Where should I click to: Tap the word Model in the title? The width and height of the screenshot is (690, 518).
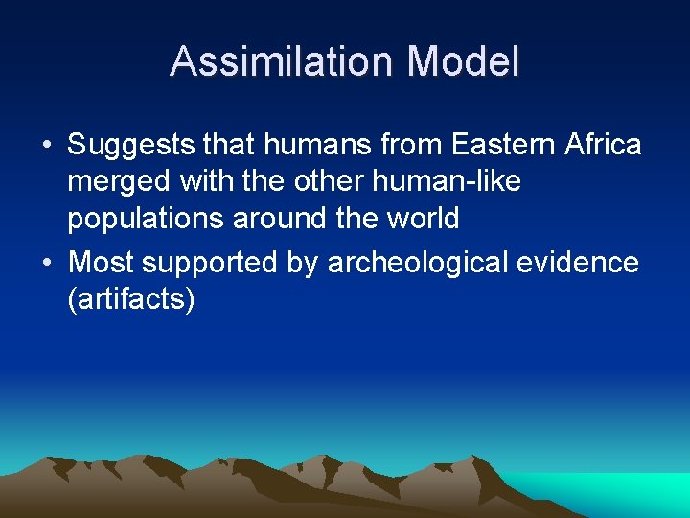[x=463, y=62]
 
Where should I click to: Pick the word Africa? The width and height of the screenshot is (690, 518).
[x=602, y=146]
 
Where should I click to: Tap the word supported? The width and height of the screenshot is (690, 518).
[x=217, y=263]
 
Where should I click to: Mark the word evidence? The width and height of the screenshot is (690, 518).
[x=579, y=263]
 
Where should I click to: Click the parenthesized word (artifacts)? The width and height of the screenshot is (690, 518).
[x=131, y=299]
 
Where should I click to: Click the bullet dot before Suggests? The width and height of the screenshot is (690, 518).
[x=46, y=147]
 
